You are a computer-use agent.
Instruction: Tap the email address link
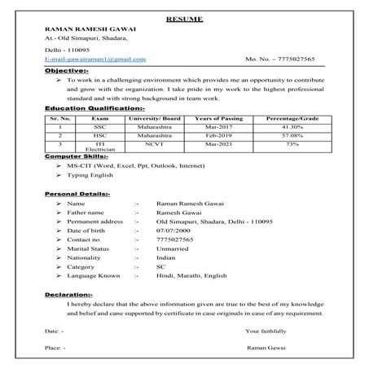click(96, 59)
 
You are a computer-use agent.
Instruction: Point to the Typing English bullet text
click(89, 175)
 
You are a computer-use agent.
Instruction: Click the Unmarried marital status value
click(173, 250)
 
